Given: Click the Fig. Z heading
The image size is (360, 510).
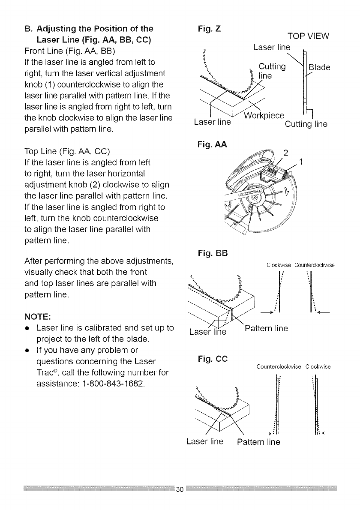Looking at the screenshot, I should coord(208,30).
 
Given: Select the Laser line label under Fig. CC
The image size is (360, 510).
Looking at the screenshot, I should coord(205,441).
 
